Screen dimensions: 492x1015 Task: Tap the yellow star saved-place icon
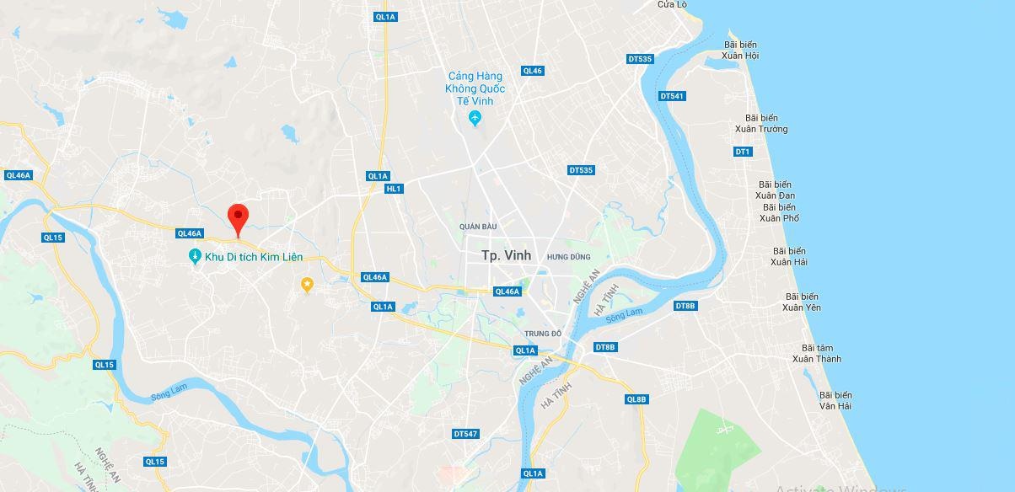coord(308,285)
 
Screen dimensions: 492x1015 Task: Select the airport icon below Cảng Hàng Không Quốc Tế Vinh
coord(475,118)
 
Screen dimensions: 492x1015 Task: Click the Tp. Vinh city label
coord(506,255)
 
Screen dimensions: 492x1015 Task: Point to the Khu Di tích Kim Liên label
coord(253,257)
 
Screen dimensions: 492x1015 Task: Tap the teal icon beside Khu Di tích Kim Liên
coord(195,256)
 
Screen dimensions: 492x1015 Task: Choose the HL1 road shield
coord(394,189)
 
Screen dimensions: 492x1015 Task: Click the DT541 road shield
coord(672,96)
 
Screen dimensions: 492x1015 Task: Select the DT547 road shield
coord(465,434)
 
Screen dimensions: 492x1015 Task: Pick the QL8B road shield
coord(636,399)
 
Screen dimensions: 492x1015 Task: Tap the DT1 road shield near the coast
coord(742,152)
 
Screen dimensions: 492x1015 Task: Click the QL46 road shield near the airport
coord(532,71)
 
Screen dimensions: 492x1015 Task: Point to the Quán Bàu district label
coord(478,227)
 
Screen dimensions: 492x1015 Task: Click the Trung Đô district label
coord(542,334)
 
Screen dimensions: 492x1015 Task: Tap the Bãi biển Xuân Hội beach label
coord(740,50)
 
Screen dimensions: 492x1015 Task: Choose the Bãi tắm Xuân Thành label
coord(816,353)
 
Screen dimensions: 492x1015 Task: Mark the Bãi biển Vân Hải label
coord(835,400)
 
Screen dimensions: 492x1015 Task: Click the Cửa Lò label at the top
coord(672,4)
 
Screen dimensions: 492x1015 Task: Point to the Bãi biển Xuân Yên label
coord(801,302)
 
